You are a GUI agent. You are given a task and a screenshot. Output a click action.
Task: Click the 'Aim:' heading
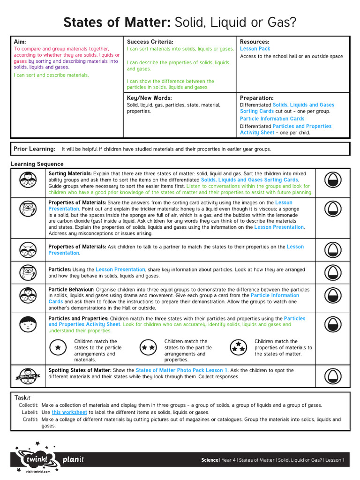[x=20, y=42]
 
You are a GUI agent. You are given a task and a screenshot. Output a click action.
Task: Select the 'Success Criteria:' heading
[x=150, y=42]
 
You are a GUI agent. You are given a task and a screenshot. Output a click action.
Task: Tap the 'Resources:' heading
[x=255, y=42]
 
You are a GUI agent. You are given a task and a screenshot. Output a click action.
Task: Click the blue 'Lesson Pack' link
[x=255, y=49]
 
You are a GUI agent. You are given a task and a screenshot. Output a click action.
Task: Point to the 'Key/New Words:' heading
[x=150, y=98]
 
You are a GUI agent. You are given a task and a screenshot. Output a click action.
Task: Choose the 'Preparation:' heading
[x=256, y=98]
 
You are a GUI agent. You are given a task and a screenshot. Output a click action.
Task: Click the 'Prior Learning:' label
[x=34, y=149]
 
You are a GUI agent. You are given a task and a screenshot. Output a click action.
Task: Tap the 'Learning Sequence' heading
[x=37, y=164]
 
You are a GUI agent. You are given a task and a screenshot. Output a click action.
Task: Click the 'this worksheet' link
[x=69, y=412]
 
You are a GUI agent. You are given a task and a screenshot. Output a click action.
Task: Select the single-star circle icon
[x=58, y=347]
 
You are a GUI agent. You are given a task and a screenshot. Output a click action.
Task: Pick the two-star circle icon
[x=148, y=347]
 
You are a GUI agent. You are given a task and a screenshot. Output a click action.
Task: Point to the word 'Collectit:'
[x=28, y=405]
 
